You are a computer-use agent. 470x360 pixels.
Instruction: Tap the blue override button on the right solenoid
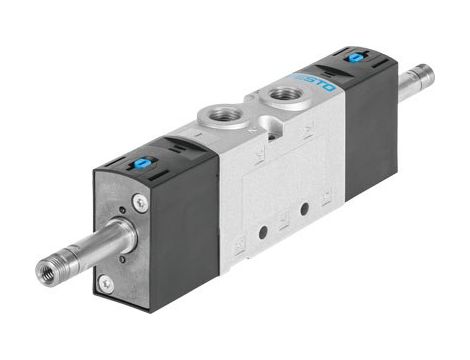pos(354,58)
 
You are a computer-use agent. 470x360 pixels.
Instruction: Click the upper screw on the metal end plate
pos(139,202)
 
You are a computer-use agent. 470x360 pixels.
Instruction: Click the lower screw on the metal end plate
pos(105,284)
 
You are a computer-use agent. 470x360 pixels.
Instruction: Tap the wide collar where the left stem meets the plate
pos(119,236)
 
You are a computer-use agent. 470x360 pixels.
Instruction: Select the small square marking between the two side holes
pos(283,222)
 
